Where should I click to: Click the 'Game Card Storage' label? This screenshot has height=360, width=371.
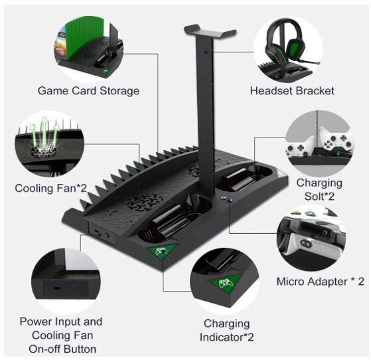point(88,91)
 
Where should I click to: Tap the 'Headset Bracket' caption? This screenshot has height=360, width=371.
point(292,91)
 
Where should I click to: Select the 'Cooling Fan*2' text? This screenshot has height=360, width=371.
point(51,188)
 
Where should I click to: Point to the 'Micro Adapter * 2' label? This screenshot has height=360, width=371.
point(321,282)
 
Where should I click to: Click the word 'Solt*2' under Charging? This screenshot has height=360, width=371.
point(319,197)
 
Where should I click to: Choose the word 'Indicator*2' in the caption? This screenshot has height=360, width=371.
point(227,337)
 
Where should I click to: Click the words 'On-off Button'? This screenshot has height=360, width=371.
point(62,349)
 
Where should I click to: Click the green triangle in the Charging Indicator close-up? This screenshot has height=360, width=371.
point(224,282)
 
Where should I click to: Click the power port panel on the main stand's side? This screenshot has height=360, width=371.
point(102,235)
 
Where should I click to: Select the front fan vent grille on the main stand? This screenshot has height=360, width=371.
point(143,202)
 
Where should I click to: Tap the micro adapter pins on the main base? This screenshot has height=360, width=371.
point(226,199)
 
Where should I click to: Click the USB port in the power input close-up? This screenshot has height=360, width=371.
point(56,288)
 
